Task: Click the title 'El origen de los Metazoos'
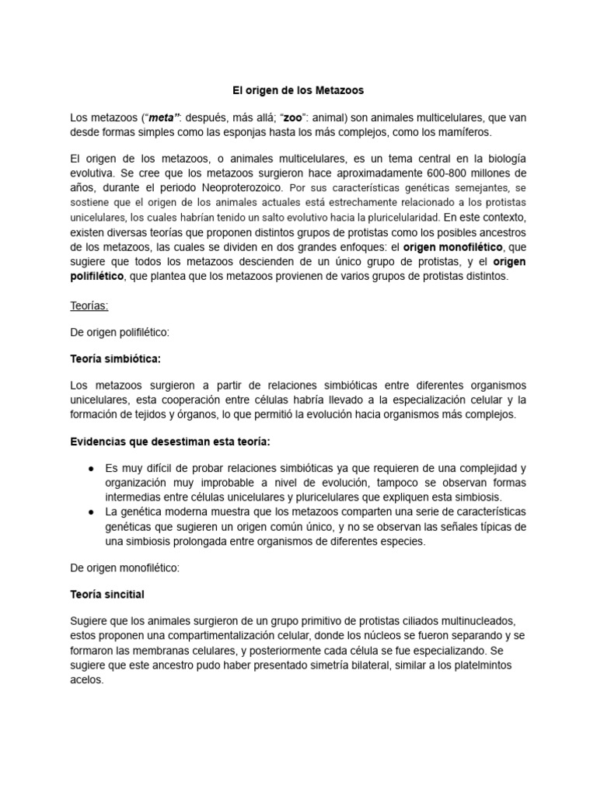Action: click(x=298, y=91)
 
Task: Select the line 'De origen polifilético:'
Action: click(x=120, y=332)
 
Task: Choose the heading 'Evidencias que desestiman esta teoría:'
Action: click(x=170, y=441)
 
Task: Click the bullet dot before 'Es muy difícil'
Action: click(x=92, y=469)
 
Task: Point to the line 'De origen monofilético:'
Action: click(x=124, y=567)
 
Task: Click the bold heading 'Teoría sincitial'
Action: click(x=107, y=595)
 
